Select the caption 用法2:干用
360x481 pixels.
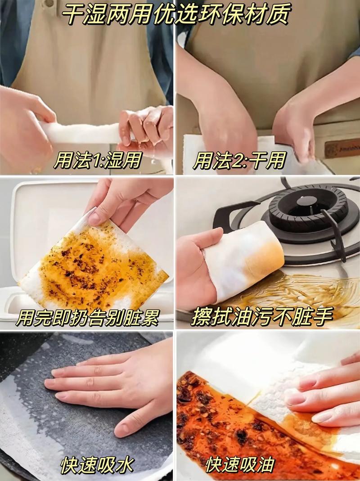(240, 160)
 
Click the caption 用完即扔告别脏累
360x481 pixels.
(88, 317)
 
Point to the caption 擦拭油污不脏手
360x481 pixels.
(262, 316)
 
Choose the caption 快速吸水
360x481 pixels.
(97, 465)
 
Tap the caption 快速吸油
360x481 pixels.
(240, 465)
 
